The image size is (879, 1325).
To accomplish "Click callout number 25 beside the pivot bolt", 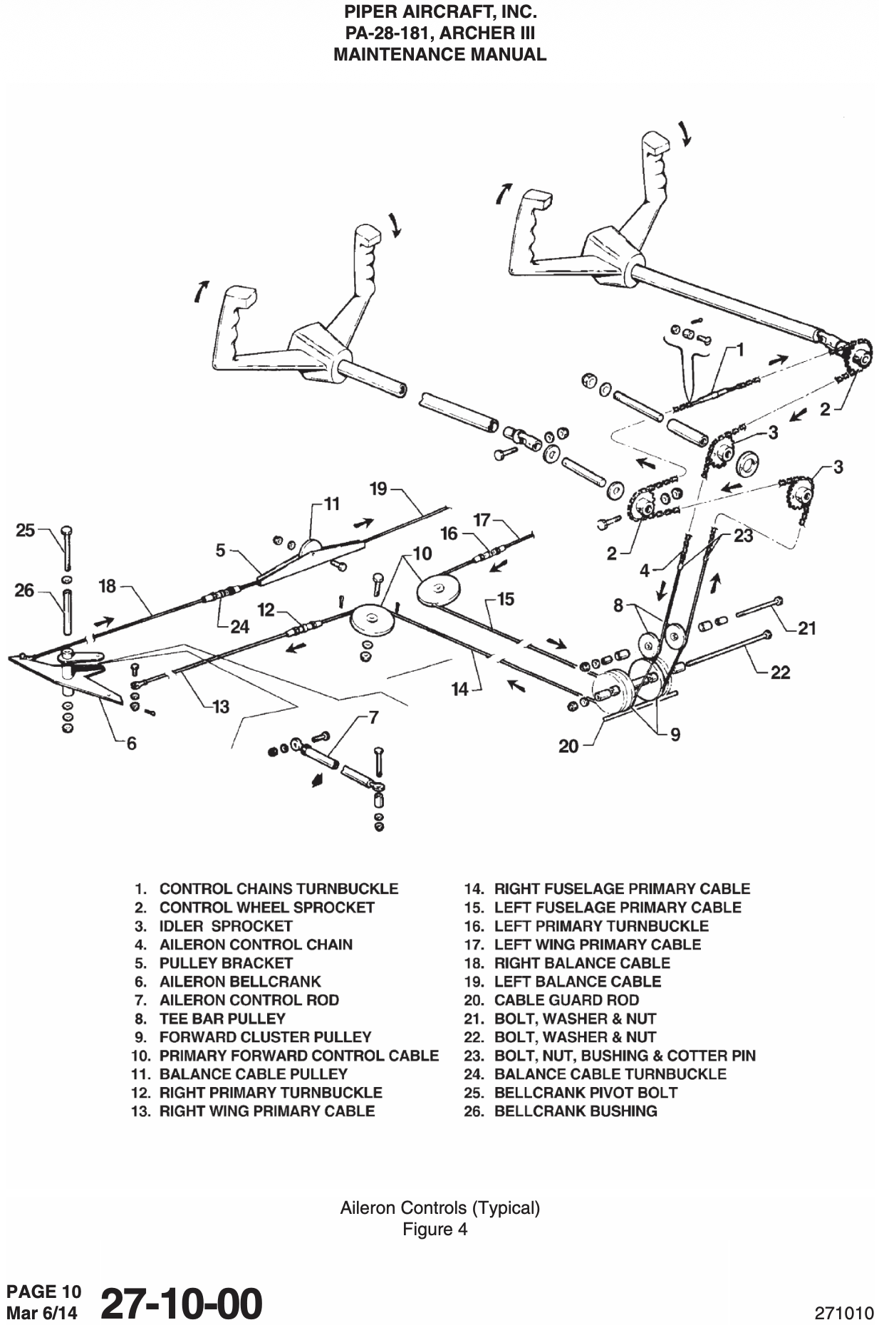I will click(26, 530).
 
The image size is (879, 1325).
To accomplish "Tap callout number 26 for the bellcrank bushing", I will click(25, 590).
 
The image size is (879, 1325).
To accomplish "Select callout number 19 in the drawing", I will click(378, 489).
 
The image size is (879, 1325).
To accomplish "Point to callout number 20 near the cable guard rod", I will click(568, 747).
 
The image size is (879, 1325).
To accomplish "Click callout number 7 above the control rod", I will click(373, 717).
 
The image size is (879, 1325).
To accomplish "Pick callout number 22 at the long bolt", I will click(781, 672).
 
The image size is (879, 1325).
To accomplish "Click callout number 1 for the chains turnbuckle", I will click(740, 349).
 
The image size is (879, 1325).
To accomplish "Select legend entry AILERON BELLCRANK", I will click(239, 982).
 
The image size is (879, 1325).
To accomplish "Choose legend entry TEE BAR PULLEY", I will click(222, 1019).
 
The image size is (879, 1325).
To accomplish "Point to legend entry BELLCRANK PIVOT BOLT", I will click(586, 1093).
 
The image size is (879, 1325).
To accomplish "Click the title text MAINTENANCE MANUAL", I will click(439, 54).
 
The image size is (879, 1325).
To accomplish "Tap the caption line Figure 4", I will click(435, 1230).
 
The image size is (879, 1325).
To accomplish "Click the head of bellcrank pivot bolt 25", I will click(66, 531).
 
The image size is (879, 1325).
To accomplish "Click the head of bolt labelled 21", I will click(779, 601).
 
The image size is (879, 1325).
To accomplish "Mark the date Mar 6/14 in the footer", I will click(43, 1312).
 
